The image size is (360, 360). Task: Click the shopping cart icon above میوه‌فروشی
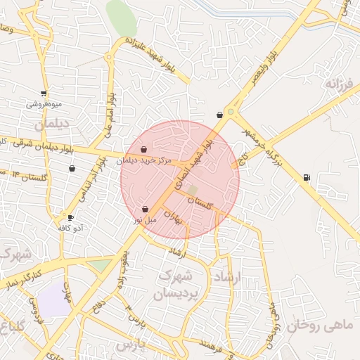pyautogui.click(x=44, y=93)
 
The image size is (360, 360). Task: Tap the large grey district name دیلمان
pyautogui.click(x=53, y=124)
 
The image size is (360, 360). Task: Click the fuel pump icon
pyautogui.click(x=307, y=177)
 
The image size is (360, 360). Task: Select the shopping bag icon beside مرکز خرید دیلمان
pyautogui.click(x=144, y=149)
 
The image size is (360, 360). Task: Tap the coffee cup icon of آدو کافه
pyautogui.click(x=70, y=217)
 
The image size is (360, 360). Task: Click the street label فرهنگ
pyautogui.click(x=213, y=344)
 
